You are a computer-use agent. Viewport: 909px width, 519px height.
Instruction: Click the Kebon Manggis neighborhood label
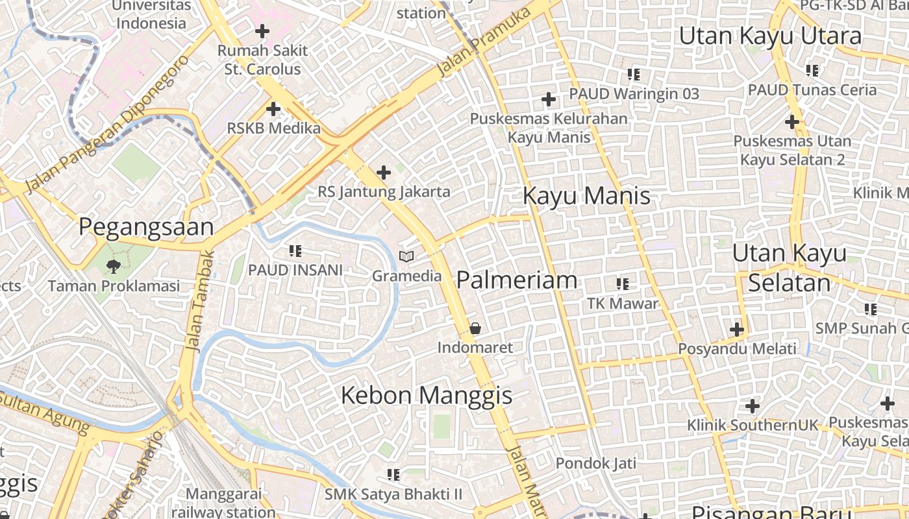pos(427,395)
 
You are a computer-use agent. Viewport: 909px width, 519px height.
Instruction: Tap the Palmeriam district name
pos(517,280)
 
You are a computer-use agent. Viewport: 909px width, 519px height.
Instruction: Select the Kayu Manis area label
pos(586,195)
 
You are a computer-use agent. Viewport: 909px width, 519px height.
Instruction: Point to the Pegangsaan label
pos(146,227)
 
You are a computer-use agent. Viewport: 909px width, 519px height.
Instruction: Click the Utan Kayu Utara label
pos(770,36)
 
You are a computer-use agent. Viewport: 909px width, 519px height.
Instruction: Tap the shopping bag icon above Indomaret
pos(475,328)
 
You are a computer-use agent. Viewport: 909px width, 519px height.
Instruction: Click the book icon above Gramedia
pos(406,257)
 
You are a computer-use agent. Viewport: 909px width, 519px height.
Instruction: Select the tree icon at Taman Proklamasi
pos(114,265)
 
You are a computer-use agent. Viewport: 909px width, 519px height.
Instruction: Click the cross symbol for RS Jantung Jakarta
pos(384,173)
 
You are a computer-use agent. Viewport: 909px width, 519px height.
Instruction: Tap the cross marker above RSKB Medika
pos(273,109)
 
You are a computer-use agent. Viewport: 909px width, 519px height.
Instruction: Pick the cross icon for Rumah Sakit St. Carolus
pos(262,30)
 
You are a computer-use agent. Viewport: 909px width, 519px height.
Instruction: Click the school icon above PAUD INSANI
pos(295,250)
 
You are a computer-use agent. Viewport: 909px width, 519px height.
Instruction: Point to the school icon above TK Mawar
pos(623,284)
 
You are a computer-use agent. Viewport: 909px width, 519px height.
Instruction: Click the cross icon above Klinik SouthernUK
pos(753,407)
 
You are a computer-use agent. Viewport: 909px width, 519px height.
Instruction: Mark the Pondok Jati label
pos(595,463)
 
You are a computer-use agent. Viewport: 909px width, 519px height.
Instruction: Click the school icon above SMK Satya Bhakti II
pos(393,475)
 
